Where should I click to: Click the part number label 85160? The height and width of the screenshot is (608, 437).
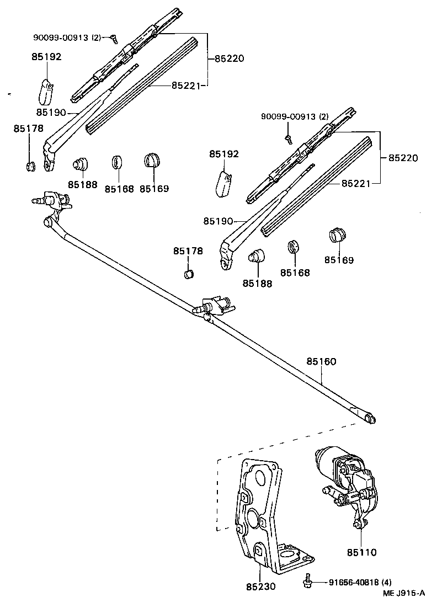pyautogui.click(x=321, y=361)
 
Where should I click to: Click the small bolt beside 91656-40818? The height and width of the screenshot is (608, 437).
pyautogui.click(x=307, y=581)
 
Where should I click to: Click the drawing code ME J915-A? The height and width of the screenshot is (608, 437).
pyautogui.click(x=404, y=593)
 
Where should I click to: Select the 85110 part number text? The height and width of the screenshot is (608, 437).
pyautogui.click(x=361, y=552)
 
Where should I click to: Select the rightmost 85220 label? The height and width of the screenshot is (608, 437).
pyautogui.click(x=403, y=158)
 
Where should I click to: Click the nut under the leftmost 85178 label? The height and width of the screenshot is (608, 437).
pyautogui.click(x=31, y=166)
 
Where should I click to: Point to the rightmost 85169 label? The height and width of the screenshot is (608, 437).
pyautogui.click(x=339, y=260)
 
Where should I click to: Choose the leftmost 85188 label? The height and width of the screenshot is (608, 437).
pyautogui.click(x=82, y=184)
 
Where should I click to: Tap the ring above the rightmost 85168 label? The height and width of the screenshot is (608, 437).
pyautogui.click(x=294, y=247)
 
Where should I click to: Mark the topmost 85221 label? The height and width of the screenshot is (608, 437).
pyautogui.click(x=185, y=86)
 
